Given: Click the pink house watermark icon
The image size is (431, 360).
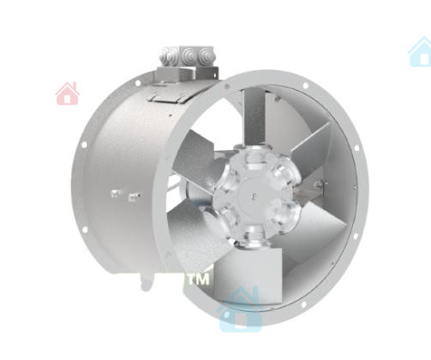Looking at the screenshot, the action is click(x=68, y=93).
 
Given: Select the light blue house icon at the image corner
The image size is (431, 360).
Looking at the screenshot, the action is click(x=421, y=52).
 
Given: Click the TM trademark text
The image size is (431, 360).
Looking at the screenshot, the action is click(x=199, y=279).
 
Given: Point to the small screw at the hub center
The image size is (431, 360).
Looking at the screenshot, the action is click(x=253, y=195).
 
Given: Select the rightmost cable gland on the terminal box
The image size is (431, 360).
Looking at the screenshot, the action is click(x=205, y=54).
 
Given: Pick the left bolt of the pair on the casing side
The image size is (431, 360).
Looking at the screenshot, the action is click(x=115, y=194).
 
